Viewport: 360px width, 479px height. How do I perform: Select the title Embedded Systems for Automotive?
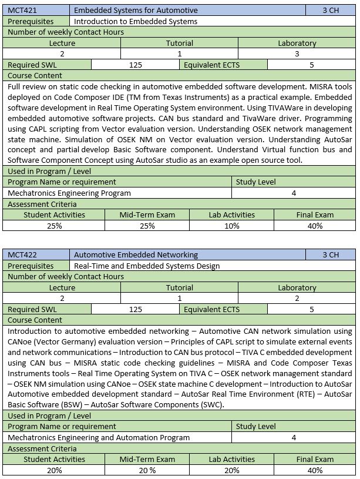point(136,10)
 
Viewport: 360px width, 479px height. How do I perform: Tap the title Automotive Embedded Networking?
point(136,255)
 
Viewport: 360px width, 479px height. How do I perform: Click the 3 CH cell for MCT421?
point(331,10)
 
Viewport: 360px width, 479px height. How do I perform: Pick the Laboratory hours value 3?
point(297,54)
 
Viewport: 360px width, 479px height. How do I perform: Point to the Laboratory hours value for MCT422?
point(297,299)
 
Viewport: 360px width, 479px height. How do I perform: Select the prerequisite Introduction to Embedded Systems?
point(136,21)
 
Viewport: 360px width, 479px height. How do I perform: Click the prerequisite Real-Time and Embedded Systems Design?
point(147,266)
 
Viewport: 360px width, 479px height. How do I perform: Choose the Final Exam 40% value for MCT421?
point(315,226)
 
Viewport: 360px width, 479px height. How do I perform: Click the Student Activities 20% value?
point(54,470)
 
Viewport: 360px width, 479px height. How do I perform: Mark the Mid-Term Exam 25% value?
point(147,226)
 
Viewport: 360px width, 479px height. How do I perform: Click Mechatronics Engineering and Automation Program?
point(99,437)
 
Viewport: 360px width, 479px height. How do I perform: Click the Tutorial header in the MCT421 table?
point(179,43)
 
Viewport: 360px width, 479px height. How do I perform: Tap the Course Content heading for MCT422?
point(35,320)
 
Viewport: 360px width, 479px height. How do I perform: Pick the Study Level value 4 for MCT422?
point(294,437)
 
